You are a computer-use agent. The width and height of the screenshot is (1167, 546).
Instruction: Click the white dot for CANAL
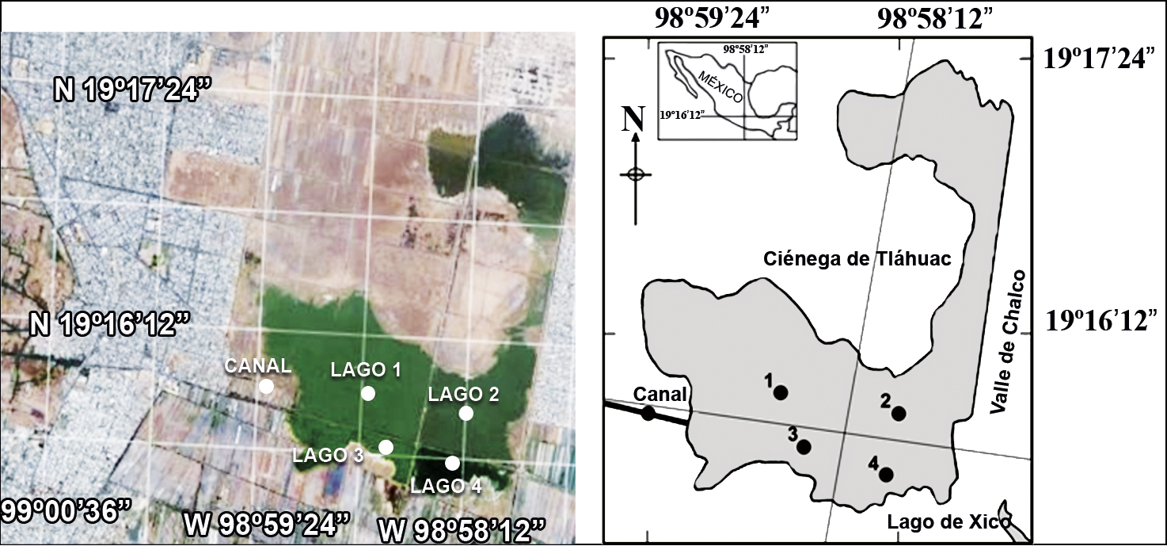(x=266, y=386)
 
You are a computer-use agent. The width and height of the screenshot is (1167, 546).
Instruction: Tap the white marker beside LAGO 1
(x=368, y=393)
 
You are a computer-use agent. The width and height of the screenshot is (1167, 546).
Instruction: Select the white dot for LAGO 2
(x=466, y=413)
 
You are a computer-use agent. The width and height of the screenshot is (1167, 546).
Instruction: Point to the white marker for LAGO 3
(x=386, y=447)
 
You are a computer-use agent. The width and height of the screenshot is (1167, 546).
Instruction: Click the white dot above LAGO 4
(x=452, y=463)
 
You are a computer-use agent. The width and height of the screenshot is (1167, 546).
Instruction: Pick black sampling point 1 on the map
(x=781, y=392)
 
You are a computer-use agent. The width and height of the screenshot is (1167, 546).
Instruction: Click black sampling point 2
(x=899, y=413)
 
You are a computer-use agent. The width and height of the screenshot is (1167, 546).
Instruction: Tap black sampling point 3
(x=804, y=447)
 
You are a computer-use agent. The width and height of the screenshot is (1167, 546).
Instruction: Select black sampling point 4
(x=886, y=474)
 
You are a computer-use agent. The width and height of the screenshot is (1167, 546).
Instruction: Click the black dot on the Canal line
(x=648, y=413)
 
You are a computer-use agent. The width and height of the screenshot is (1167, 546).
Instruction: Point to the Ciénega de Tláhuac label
(x=857, y=258)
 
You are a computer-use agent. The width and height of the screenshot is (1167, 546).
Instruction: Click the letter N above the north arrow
(x=633, y=119)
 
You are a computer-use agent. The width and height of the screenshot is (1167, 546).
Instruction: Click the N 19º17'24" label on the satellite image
(x=134, y=90)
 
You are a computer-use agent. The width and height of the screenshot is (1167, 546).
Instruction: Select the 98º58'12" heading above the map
(x=934, y=18)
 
